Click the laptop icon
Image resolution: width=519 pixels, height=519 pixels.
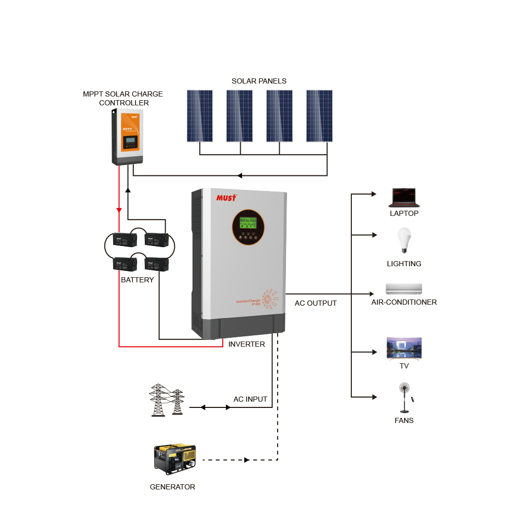point(404,198)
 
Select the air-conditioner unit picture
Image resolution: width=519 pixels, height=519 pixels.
point(404,289)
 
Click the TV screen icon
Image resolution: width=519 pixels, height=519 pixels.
point(404,348)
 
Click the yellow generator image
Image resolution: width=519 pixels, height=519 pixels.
point(175,459)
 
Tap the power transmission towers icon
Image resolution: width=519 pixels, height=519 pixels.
point(167,400)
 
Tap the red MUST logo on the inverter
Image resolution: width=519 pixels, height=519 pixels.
point(226,198)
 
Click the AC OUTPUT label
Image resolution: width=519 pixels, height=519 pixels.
point(316,303)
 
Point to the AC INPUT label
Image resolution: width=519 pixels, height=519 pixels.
point(250,399)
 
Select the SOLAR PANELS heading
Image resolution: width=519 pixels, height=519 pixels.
point(259,81)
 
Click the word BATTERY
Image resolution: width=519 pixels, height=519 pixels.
point(138,280)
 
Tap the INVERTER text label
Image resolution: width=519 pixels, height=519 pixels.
point(247,344)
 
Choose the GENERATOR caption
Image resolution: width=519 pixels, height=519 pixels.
point(172,487)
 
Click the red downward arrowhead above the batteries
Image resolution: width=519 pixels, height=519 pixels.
point(119,210)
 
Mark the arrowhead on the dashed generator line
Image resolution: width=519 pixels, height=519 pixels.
point(247,460)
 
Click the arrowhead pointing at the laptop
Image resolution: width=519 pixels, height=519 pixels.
point(373,194)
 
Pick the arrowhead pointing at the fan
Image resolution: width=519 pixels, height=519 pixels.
point(373,397)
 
